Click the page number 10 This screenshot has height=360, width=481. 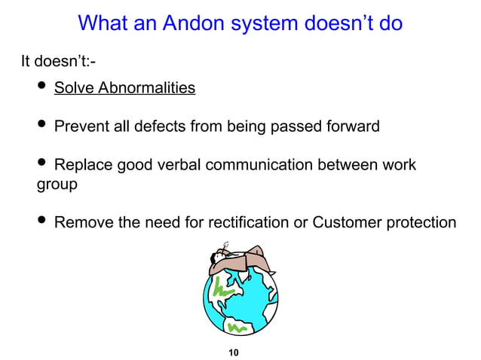tap(233, 351)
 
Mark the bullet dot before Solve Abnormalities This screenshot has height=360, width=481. tap(41, 87)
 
